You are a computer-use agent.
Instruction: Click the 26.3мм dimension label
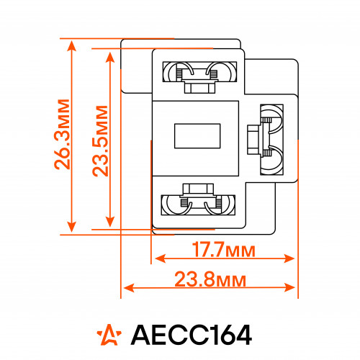pyautogui.click(x=62, y=134)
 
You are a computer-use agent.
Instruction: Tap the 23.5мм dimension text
pyautogui.click(x=100, y=141)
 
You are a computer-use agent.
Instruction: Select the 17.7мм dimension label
pyautogui.click(x=223, y=250)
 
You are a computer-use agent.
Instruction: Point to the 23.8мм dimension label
pyautogui.click(x=210, y=279)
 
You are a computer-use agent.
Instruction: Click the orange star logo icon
pyautogui.click(x=109, y=335)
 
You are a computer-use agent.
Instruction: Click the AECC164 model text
pyautogui.click(x=192, y=335)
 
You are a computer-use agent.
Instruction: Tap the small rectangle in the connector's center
pyautogui.click(x=197, y=136)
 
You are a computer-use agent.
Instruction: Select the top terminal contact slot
pyautogui.click(x=199, y=72)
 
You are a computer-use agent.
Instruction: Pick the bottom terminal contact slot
pyautogui.click(x=198, y=205)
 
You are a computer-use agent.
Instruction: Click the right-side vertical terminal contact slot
pyautogui.click(x=272, y=140)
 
